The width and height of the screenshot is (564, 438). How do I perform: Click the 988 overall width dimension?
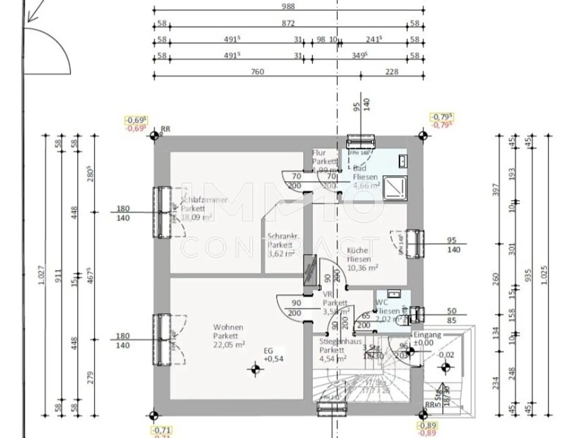(x=288, y=6)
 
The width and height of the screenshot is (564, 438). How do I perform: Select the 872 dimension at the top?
(x=288, y=23)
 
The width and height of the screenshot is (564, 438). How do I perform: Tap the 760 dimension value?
(x=257, y=72)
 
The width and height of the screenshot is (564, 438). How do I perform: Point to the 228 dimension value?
(x=392, y=72)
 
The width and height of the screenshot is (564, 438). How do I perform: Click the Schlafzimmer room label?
(x=204, y=200)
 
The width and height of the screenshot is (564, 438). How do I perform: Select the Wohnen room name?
(x=228, y=327)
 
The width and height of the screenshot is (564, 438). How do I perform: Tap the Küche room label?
(x=357, y=250)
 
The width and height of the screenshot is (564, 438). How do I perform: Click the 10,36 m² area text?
(x=362, y=268)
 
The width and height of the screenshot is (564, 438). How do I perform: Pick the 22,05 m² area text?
(x=229, y=345)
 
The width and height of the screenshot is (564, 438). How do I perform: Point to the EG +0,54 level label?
(x=274, y=355)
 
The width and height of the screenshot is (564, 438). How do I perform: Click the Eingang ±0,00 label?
(x=427, y=339)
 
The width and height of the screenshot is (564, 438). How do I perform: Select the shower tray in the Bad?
(x=395, y=188)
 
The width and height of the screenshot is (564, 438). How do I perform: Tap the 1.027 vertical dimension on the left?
(x=41, y=275)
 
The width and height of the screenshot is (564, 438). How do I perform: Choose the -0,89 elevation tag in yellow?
(x=427, y=425)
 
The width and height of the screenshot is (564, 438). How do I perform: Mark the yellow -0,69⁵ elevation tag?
(x=136, y=120)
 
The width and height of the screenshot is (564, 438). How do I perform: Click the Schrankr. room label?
(x=282, y=236)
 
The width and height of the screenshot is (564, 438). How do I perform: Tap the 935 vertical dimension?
(x=528, y=275)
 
